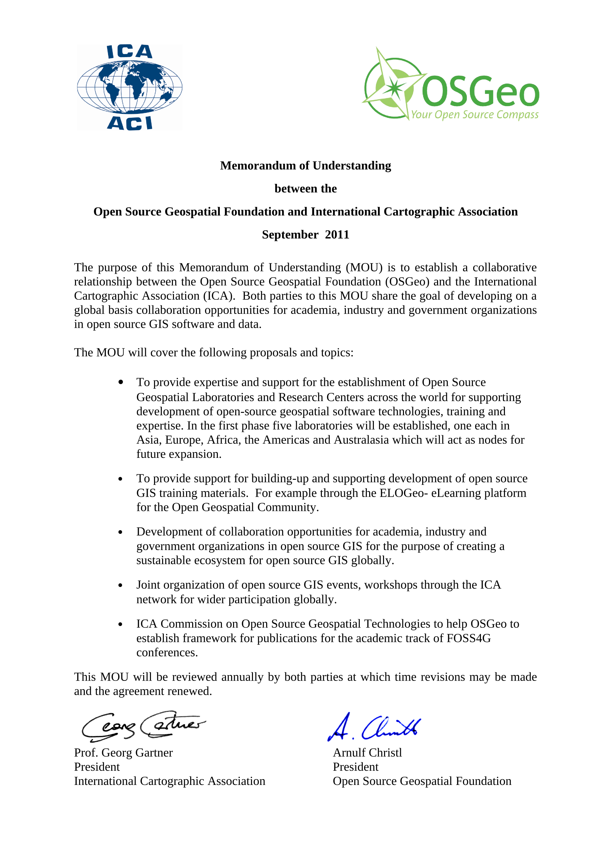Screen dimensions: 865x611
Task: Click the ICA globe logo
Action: (130, 87)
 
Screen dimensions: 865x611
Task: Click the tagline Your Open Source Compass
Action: (474, 115)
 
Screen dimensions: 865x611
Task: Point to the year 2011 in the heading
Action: (337, 235)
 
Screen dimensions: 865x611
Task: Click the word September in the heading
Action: (290, 235)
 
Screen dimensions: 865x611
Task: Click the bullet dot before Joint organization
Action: (121, 586)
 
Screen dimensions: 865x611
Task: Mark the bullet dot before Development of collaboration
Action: (121, 532)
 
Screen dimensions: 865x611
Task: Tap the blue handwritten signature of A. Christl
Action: (374, 727)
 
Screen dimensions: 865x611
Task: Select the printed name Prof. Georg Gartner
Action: (123, 753)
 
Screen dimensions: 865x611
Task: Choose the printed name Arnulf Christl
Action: (367, 753)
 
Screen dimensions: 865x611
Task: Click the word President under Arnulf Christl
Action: (356, 767)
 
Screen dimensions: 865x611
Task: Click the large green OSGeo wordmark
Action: (480, 92)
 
